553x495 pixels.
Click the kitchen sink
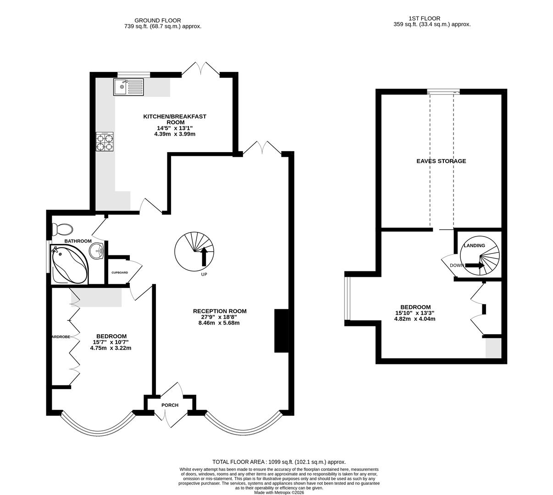point(128,87)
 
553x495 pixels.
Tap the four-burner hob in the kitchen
point(105,142)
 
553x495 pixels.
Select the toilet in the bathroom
point(62,229)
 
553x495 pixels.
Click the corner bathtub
point(70,264)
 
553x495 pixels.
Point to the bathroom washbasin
point(97,251)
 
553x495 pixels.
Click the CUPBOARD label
point(120,273)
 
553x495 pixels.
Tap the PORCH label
point(170,405)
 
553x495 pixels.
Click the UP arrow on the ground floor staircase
point(204,257)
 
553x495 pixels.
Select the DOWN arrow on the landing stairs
point(475,265)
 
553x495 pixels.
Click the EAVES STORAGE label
point(441,161)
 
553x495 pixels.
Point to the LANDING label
point(475,245)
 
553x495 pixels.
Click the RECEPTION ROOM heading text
point(220,311)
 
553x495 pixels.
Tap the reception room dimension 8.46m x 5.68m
point(219,323)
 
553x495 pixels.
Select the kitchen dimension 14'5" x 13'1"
point(175,128)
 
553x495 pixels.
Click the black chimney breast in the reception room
point(281,331)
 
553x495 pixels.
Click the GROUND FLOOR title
point(157,21)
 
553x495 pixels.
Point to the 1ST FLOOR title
point(425,18)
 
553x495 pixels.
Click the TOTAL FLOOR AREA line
point(279,462)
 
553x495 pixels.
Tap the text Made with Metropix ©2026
point(279,493)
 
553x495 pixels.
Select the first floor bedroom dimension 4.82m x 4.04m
point(415,319)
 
